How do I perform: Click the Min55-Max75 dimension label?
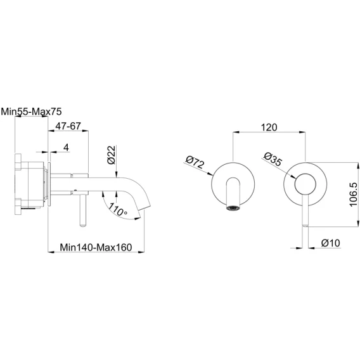(x=32, y=112)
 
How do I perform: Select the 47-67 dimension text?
(x=68, y=126)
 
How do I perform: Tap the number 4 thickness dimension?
(x=66, y=148)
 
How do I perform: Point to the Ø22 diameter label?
(x=111, y=155)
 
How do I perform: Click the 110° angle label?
(x=117, y=209)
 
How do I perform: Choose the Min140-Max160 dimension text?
(x=96, y=247)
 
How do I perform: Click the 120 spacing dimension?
(x=269, y=127)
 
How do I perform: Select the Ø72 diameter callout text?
(x=195, y=162)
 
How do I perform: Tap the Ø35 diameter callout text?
(x=273, y=159)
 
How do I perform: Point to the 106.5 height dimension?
(x=353, y=195)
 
